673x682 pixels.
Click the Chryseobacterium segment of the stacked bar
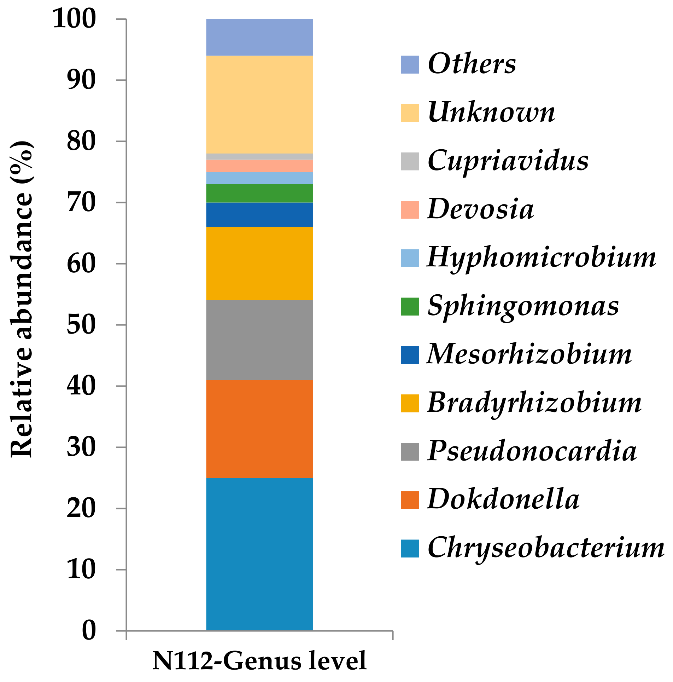coord(259,554)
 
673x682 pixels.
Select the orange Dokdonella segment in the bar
coord(259,428)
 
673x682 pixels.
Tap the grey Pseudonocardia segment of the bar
coord(259,340)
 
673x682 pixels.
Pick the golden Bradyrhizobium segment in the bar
coord(259,263)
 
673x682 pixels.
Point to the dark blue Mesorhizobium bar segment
coord(259,214)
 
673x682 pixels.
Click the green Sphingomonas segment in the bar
coord(259,193)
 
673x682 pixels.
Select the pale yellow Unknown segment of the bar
coord(259,104)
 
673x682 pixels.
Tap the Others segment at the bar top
coord(259,37)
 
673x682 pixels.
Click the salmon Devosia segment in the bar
coord(259,166)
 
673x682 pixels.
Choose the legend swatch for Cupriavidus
coord(410,161)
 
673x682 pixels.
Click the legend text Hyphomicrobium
coord(541,258)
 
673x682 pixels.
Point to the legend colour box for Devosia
coord(410,210)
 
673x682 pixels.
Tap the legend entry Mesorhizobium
coord(529,355)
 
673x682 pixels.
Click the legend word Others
coord(472,64)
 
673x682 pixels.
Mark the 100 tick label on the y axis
coord(74,19)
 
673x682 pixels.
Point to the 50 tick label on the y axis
coord(81,325)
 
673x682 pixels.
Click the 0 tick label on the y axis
coord(89,630)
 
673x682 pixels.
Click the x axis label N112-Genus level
coord(259,660)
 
